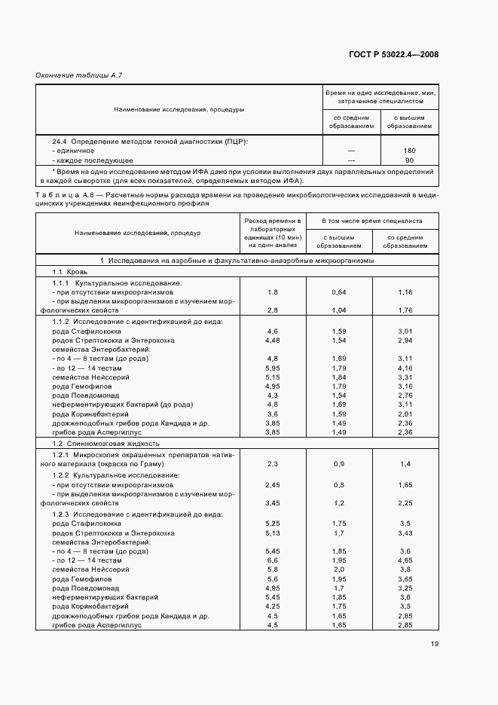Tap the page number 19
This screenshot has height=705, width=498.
pos(435,643)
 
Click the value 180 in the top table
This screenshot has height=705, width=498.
pos(410,151)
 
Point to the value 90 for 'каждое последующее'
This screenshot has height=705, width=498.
pos(410,160)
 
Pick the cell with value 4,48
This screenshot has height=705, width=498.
pos(272,340)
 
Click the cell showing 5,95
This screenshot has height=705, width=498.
pos(272,368)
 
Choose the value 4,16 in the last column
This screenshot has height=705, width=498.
pos(405,368)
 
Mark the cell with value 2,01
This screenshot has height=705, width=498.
pos(405,414)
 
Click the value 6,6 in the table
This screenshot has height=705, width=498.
pos(272,560)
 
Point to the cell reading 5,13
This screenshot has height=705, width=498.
pos(272,533)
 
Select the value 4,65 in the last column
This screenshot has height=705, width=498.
pos(405,560)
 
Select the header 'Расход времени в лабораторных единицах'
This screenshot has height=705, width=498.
pos(272,233)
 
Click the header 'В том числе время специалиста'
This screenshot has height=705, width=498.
pos(371,221)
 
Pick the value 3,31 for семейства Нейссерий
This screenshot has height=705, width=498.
pos(405,377)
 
